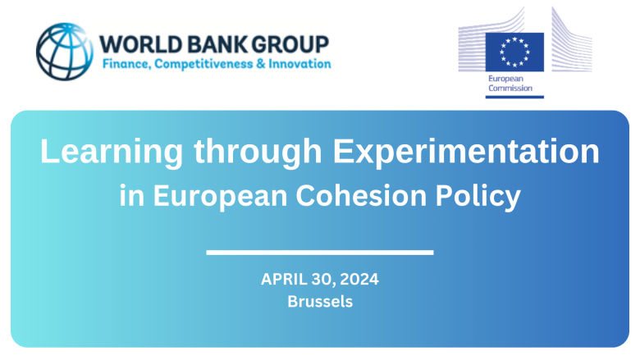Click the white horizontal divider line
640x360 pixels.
[x=320, y=252]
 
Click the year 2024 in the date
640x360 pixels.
[x=358, y=280]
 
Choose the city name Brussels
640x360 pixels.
[x=320, y=302]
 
